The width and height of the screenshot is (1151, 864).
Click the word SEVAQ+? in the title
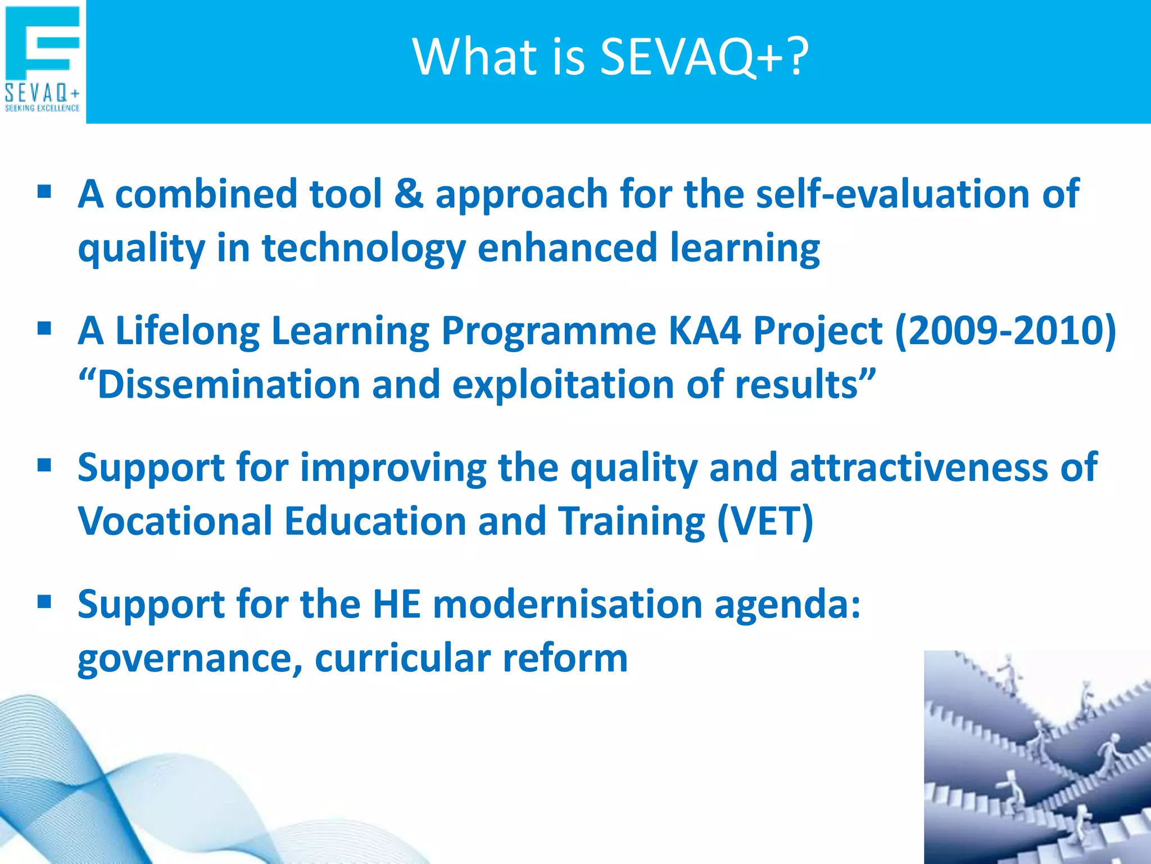(704, 57)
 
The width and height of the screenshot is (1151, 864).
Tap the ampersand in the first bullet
(409, 193)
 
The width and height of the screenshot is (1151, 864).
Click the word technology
(364, 247)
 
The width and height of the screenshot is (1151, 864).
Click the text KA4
(704, 330)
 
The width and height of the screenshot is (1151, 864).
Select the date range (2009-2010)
(1005, 330)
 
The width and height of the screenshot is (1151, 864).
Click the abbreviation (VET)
(765, 521)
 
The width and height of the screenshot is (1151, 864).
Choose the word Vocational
(175, 521)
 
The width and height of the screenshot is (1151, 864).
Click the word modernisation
(568, 604)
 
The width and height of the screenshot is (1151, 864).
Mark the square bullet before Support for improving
(44, 465)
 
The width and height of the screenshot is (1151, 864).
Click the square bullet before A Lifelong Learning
(44, 328)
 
